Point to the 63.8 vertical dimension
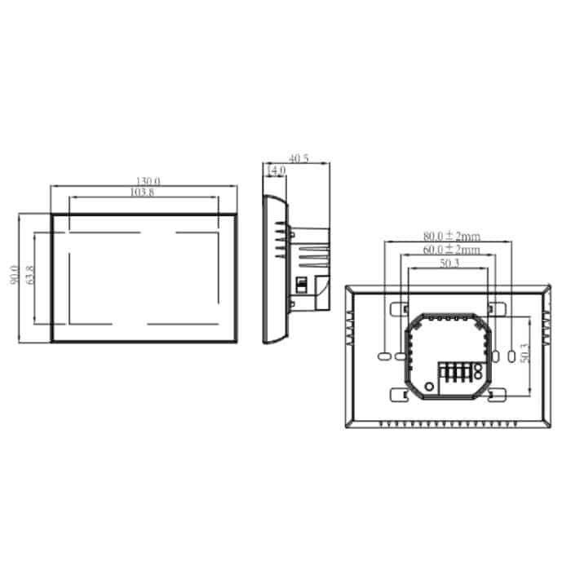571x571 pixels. [30, 276]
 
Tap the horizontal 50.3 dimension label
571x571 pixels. [447, 263]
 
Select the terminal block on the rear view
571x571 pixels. [462, 375]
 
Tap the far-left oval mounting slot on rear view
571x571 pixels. [383, 356]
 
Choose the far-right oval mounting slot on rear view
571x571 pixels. [511, 356]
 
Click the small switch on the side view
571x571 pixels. [299, 285]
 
